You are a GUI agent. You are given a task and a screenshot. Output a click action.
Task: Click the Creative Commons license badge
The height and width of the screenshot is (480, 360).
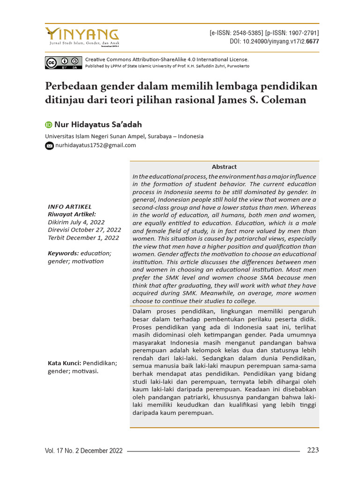click(63, 62)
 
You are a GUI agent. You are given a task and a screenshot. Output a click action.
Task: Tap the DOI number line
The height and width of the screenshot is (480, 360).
click(274, 41)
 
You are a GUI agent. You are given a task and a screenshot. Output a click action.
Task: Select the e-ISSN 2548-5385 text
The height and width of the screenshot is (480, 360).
click(236, 33)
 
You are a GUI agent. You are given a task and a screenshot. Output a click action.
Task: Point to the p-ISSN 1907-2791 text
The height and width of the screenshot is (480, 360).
click(292, 33)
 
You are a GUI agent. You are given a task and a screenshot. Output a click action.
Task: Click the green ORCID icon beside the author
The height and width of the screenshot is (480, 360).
click(49, 125)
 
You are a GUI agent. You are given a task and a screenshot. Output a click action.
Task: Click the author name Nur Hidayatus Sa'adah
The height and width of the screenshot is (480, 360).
click(98, 125)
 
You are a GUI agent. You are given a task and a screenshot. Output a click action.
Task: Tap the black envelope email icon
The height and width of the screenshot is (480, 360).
click(49, 146)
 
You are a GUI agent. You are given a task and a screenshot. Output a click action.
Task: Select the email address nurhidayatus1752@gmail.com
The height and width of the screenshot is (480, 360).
click(96, 145)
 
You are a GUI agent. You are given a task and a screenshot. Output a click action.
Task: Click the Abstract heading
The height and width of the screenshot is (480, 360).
click(224, 167)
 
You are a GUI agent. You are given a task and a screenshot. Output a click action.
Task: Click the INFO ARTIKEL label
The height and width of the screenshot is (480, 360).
click(70, 207)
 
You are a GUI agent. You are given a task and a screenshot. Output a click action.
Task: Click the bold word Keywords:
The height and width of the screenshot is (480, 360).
click(63, 253)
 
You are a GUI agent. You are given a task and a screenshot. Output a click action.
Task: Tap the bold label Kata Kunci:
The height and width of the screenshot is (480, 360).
click(65, 363)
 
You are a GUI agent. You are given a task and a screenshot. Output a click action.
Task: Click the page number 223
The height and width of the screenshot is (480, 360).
click(313, 450)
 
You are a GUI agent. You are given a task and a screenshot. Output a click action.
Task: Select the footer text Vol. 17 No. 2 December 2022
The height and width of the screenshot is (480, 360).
click(84, 451)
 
